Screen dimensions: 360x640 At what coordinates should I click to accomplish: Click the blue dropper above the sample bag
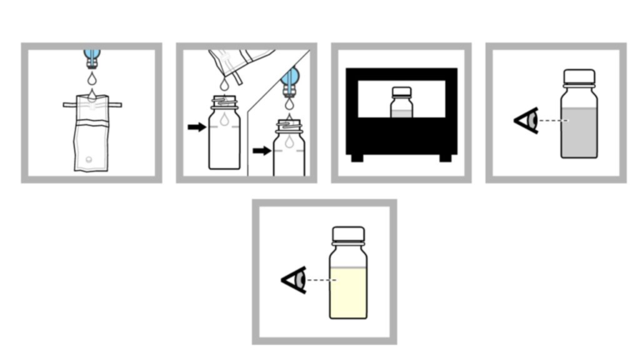[92, 57]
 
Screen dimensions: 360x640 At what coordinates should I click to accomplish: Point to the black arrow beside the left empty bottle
[197, 127]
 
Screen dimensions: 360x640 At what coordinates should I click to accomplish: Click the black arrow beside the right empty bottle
[262, 151]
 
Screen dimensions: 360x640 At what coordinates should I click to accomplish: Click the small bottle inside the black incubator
[401, 103]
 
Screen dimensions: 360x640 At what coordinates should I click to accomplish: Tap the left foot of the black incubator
[357, 157]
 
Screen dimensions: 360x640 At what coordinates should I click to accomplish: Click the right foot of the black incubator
[446, 157]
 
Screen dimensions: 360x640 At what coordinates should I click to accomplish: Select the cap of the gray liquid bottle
[577, 78]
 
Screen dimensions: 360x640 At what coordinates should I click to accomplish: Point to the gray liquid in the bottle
[577, 133]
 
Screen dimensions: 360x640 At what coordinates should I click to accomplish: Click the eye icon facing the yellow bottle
[294, 279]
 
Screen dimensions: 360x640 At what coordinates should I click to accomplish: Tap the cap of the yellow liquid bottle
[348, 234]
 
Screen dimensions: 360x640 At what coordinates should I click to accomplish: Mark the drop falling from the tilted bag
[224, 84]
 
